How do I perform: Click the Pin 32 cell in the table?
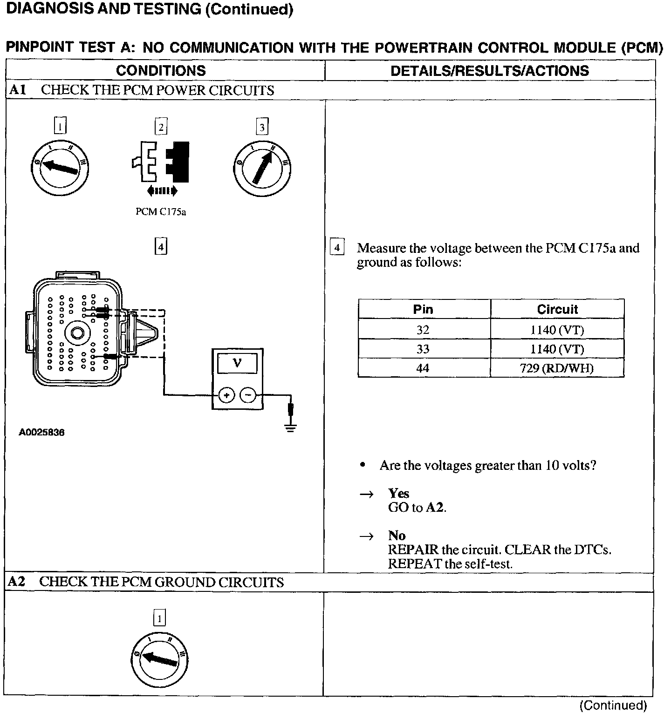pyautogui.click(x=423, y=330)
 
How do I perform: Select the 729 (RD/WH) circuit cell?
pyautogui.click(x=556, y=368)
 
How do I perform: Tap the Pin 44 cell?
pyautogui.click(x=423, y=368)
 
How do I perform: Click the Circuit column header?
pyautogui.click(x=557, y=309)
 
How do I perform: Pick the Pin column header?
pyautogui.click(x=423, y=309)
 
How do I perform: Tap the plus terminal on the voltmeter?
pyautogui.click(x=227, y=395)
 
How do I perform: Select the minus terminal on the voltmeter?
pyautogui.click(x=248, y=395)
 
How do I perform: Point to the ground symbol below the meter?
pyautogui.click(x=291, y=427)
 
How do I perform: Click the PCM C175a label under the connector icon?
pyautogui.click(x=161, y=212)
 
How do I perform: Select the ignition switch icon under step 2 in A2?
pyautogui.click(x=160, y=660)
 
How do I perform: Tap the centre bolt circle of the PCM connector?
pyautogui.click(x=75, y=333)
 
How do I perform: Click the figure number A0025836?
pyautogui.click(x=41, y=432)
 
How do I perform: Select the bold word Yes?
pyautogui.click(x=398, y=494)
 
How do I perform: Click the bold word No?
pyautogui.click(x=397, y=536)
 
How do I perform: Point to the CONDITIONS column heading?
pyautogui.click(x=161, y=71)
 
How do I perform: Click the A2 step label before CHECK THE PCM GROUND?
pyautogui.click(x=17, y=582)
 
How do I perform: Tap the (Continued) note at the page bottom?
pyautogui.click(x=613, y=705)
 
